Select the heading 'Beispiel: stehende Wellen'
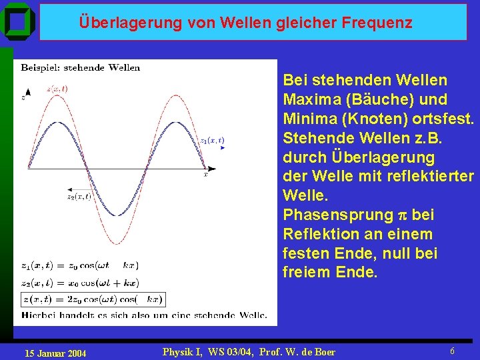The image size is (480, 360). click(81, 67)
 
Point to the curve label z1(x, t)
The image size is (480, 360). click(212, 140)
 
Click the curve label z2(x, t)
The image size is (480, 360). click(79, 196)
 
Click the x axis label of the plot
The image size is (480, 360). click(205, 175)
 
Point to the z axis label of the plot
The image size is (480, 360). click(23, 98)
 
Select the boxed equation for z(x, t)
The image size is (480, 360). click(93, 299)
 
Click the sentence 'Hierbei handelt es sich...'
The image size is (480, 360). click(144, 315)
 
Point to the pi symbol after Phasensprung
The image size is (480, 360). click(401, 216)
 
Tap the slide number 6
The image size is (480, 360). click(452, 351)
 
